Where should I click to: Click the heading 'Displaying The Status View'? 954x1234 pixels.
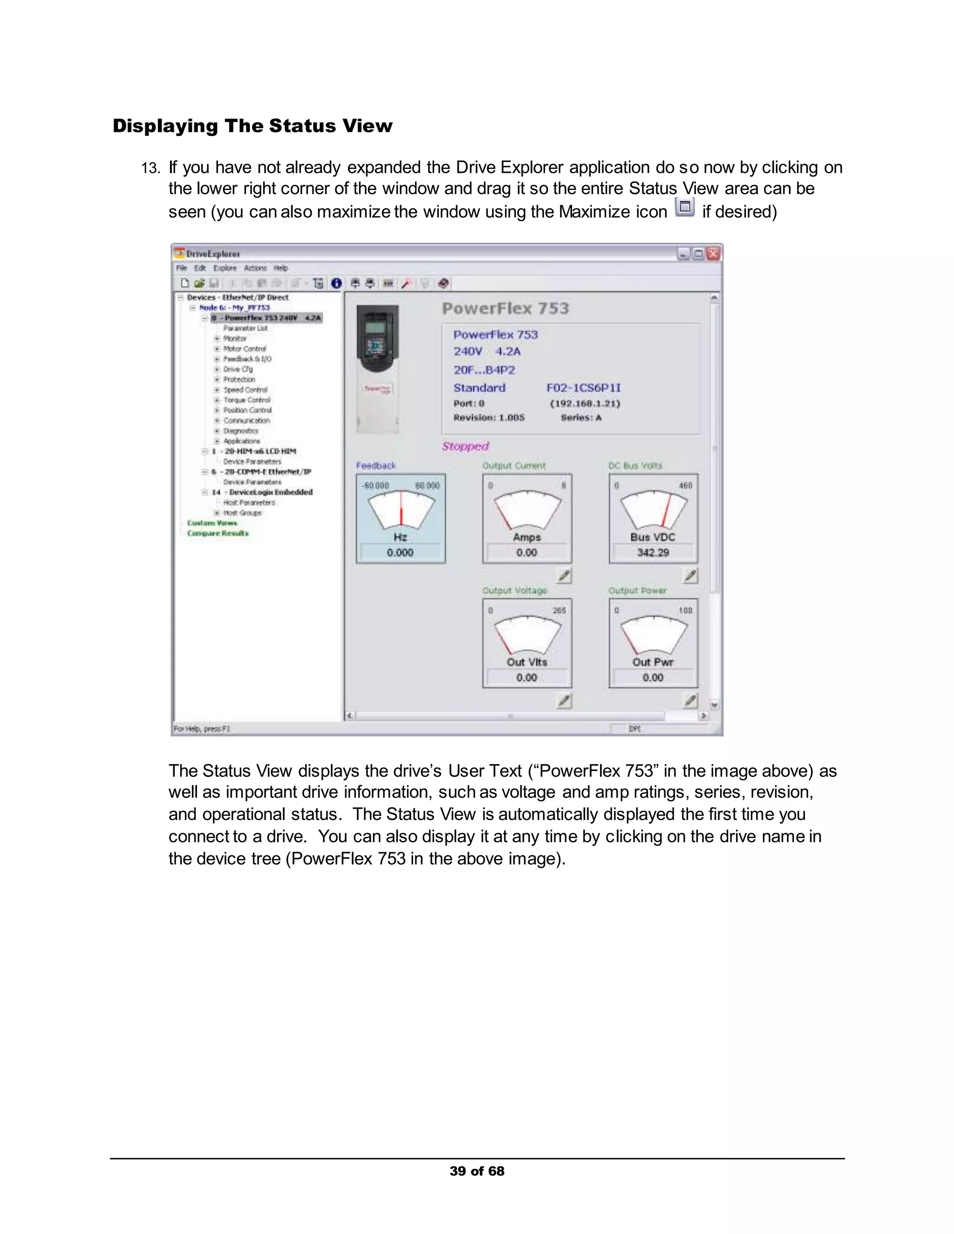252,125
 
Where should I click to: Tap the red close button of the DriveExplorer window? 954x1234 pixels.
713,254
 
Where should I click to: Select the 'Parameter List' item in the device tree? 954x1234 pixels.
245,328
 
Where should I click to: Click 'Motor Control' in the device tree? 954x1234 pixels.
244,349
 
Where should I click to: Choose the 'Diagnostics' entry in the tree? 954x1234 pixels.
241,431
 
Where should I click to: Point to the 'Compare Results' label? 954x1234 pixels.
218,533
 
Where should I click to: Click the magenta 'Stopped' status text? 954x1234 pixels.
465,446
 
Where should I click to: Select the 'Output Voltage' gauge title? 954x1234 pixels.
514,590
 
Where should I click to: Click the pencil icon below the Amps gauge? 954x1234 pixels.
564,576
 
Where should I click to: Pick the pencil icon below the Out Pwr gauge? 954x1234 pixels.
690,701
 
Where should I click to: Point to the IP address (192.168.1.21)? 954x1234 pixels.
585,403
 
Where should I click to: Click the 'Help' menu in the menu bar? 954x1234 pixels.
281,268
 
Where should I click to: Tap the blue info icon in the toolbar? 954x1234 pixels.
336,284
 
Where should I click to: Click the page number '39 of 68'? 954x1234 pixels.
477,1171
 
